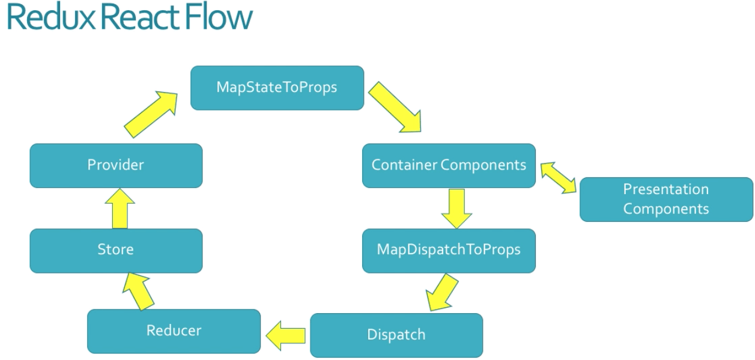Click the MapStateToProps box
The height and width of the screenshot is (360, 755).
(277, 88)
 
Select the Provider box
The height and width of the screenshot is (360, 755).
(116, 165)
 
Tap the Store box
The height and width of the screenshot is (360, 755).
(116, 250)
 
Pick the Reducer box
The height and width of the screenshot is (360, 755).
(174, 331)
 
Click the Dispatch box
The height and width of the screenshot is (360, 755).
(396, 335)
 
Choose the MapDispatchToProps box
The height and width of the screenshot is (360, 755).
(448, 250)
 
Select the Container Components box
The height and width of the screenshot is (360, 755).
(448, 165)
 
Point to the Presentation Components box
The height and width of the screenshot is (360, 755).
(666, 200)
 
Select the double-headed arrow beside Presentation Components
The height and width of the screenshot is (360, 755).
(558, 177)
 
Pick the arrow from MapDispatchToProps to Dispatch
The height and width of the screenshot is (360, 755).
(441, 292)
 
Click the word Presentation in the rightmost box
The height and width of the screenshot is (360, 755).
(666, 190)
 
